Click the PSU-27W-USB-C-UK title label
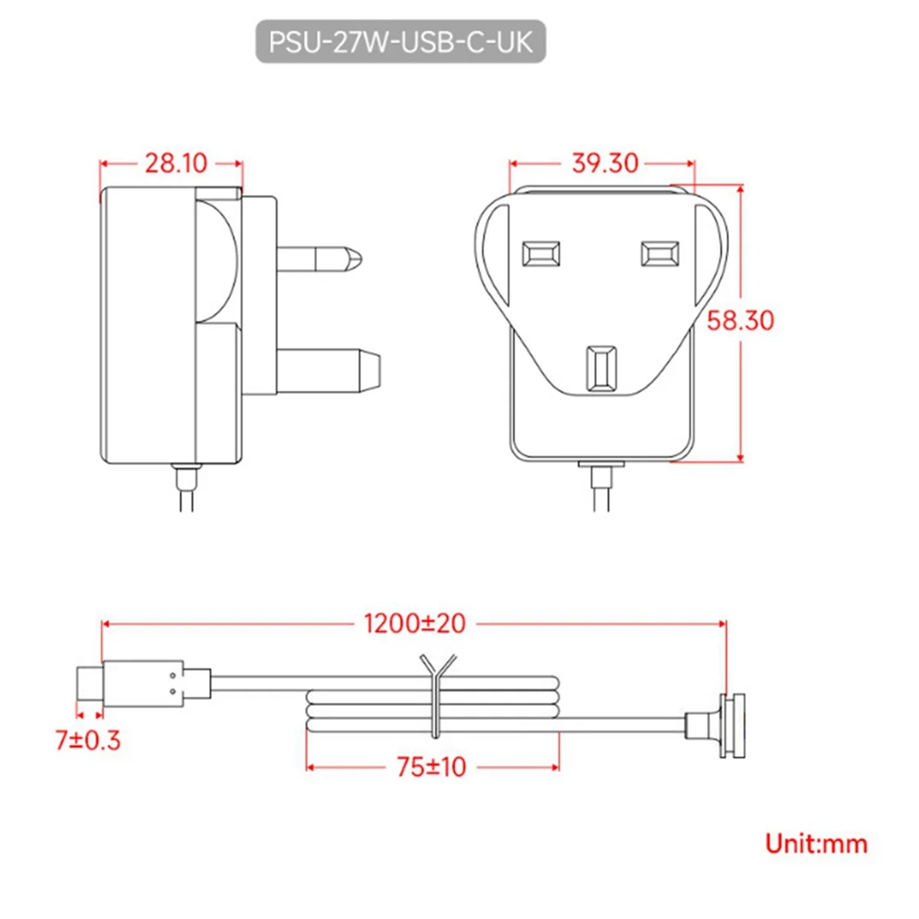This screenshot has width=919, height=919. click(x=400, y=41)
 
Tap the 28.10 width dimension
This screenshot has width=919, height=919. click(x=175, y=163)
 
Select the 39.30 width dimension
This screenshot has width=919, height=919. click(x=604, y=163)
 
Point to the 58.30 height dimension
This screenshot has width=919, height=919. click(x=740, y=320)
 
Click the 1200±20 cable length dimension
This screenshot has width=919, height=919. click(x=414, y=623)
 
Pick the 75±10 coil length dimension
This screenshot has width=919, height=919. click(x=431, y=767)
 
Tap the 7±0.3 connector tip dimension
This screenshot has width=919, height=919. click(x=87, y=740)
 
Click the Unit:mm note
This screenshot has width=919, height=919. click(x=816, y=844)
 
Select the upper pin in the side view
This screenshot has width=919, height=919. click(x=317, y=259)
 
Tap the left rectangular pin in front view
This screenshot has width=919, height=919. click(x=540, y=253)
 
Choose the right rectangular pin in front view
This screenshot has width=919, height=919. click(x=659, y=253)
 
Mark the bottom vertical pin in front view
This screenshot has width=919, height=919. click(x=601, y=368)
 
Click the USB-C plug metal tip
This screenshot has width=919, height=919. click(x=89, y=683)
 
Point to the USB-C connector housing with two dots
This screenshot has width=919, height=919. click(x=143, y=683)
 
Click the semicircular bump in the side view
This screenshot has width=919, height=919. click(x=217, y=260)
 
